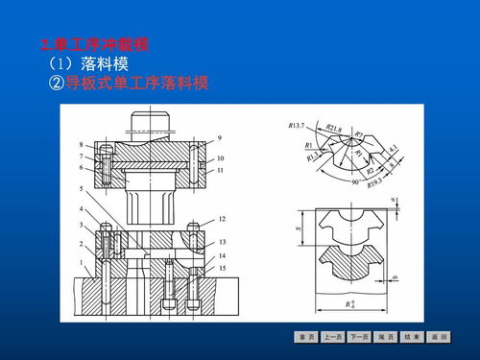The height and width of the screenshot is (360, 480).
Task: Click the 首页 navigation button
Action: (307, 337)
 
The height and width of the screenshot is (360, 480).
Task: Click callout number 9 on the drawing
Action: (220, 139)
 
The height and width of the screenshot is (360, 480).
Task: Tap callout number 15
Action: (222, 268)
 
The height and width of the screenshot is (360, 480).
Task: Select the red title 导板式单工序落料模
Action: (128, 83)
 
